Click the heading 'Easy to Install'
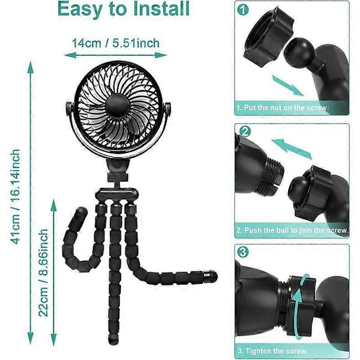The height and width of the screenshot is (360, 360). pyautogui.click(x=124, y=9)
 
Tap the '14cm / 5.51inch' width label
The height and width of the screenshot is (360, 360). pyautogui.click(x=116, y=43)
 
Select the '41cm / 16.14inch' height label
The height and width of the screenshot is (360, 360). pyautogui.click(x=16, y=197)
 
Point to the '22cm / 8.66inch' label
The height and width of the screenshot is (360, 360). pyautogui.click(x=43, y=273)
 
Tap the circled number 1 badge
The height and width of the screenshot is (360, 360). pyautogui.click(x=243, y=10)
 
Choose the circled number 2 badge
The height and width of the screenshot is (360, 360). pyautogui.click(x=245, y=131)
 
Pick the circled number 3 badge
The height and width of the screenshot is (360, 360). pyautogui.click(x=243, y=252)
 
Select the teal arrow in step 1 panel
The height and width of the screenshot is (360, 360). pyautogui.click(x=288, y=85)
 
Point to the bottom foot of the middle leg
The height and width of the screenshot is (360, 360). pyautogui.click(x=113, y=340)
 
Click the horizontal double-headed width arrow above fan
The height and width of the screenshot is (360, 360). pyautogui.click(x=115, y=55)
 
